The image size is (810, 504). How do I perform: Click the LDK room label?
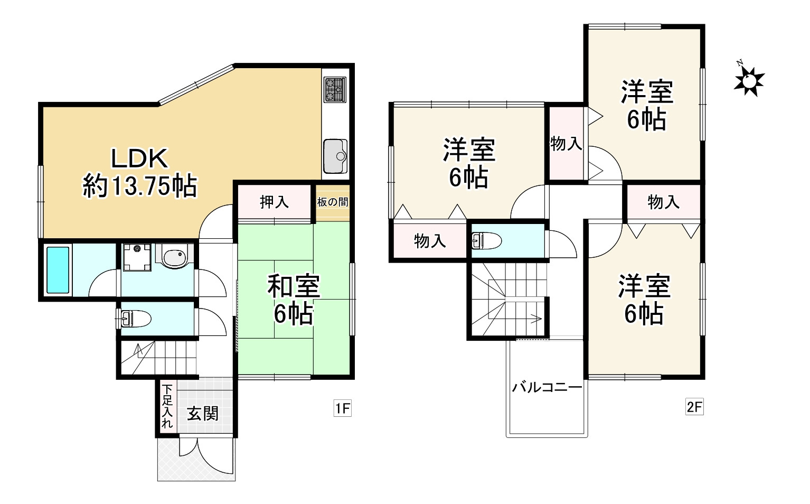tap(139, 158)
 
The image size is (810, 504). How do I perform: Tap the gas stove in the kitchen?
tap(334, 90)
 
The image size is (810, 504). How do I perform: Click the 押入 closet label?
tap(274, 202)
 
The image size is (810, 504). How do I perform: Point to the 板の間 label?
tap(333, 202)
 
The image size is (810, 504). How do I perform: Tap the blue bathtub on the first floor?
tap(58, 269)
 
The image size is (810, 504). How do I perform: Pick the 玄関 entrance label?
tap(203, 413)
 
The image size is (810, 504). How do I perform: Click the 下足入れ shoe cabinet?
tap(167, 406)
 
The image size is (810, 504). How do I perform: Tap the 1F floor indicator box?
tap(342, 408)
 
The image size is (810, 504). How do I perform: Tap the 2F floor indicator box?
tap(694, 407)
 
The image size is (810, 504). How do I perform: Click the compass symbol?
tap(749, 81)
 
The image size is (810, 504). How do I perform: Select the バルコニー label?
tap(547, 387)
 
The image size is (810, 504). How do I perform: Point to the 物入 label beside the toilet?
tap(430, 241)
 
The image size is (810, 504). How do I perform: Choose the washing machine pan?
tap(137, 257)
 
